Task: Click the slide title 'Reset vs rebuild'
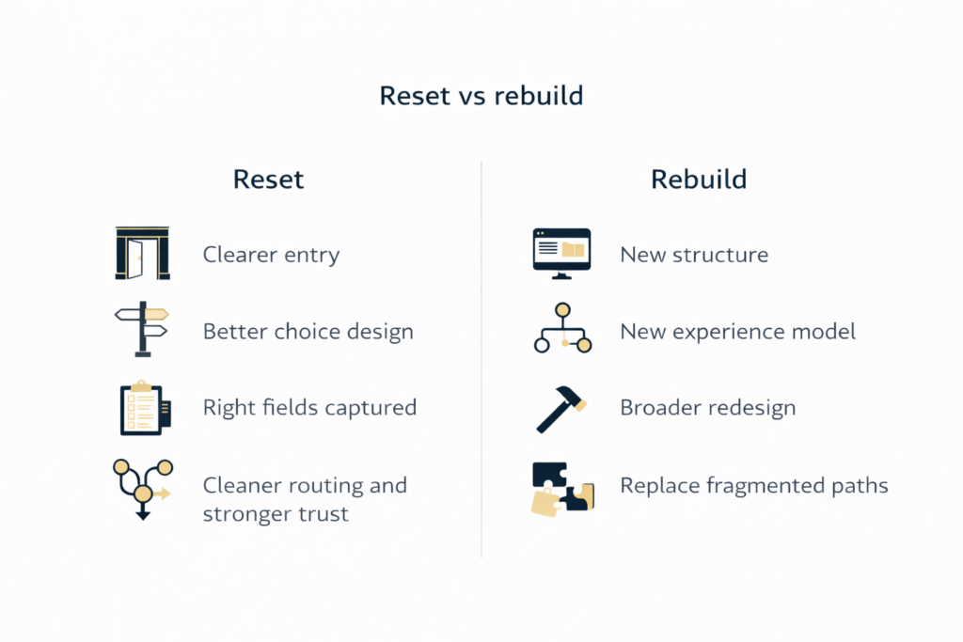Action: tap(481, 96)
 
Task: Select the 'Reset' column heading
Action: tap(269, 179)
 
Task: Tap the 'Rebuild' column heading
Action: tap(699, 179)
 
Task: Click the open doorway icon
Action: tap(142, 253)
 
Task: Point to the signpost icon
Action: tap(142, 329)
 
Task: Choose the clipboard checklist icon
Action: tap(144, 407)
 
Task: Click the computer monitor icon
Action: tap(561, 253)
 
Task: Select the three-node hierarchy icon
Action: tap(562, 329)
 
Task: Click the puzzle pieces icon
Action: tap(560, 488)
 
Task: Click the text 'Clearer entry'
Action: tap(271, 255)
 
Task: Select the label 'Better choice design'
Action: tap(308, 332)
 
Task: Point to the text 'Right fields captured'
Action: tap(309, 408)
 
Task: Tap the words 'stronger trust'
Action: tap(276, 514)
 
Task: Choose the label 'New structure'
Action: tap(693, 255)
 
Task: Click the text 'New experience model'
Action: tap(737, 332)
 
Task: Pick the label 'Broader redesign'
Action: tap(707, 408)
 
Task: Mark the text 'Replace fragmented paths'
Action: tap(753, 486)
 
